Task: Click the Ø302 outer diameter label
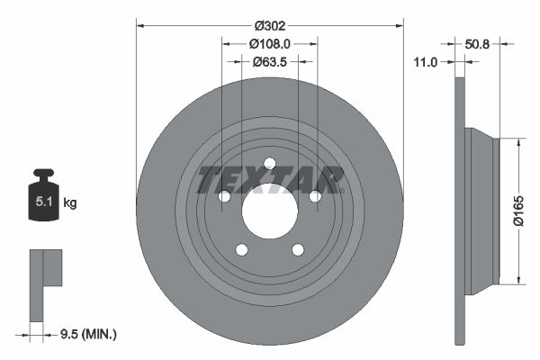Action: [269, 27]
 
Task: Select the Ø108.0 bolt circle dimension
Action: [269, 43]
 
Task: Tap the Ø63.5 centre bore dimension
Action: [269, 62]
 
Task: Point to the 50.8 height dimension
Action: [483, 42]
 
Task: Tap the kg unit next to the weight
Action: [70, 203]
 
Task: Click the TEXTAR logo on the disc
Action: [269, 179]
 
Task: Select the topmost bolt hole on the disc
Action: [269, 163]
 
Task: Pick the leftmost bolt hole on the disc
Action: [223, 196]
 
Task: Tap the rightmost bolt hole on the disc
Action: [315, 196]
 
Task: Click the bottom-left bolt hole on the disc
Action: [241, 250]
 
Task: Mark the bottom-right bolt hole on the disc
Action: [298, 250]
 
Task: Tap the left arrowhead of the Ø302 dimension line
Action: [139, 27]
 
